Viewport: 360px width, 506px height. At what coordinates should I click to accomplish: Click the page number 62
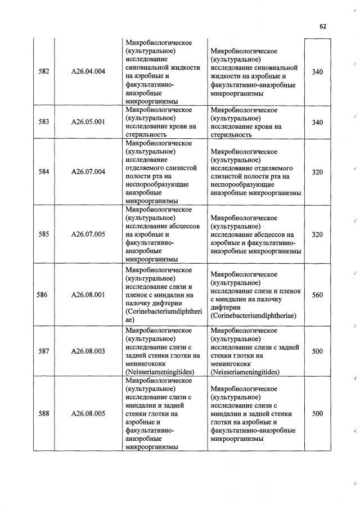[323, 26]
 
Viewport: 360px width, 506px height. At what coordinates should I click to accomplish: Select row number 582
[43, 71]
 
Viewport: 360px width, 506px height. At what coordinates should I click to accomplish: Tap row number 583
[43, 122]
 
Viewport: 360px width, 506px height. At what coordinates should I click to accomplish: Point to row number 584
[43, 171]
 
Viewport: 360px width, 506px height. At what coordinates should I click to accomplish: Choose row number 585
[43, 234]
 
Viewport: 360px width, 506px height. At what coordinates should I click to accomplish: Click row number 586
[41, 294]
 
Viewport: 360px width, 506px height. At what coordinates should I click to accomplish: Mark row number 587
[43, 351]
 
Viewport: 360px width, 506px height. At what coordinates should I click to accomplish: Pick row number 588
[43, 414]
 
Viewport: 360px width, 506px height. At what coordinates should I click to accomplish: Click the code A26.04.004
[88, 71]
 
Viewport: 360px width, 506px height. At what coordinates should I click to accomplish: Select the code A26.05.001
[88, 122]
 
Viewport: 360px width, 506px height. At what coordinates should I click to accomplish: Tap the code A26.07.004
[88, 171]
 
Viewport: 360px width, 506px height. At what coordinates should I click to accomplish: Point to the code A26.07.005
[88, 234]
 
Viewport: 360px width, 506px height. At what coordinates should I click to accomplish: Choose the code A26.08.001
[88, 294]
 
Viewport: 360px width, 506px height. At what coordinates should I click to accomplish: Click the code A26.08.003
[88, 351]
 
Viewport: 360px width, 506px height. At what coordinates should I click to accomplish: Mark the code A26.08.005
[88, 414]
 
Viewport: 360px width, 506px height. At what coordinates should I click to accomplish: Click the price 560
[317, 294]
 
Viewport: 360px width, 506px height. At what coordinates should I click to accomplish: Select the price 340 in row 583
[317, 122]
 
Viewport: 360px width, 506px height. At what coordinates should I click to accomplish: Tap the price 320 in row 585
[317, 234]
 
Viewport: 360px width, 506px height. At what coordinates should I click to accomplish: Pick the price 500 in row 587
[317, 351]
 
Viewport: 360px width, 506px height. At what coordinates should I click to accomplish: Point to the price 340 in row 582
[317, 71]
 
